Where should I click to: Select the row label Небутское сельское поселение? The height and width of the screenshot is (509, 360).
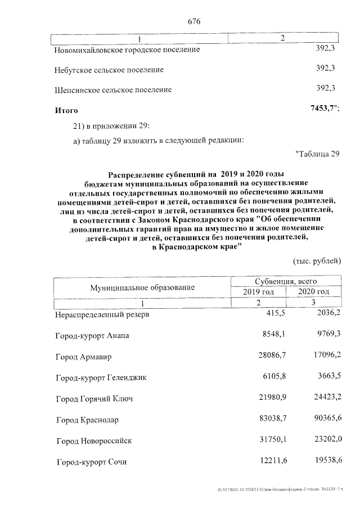tap(109, 70)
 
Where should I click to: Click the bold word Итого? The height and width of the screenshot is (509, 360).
tap(66, 111)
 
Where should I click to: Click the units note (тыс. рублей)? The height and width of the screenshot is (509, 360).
tap(317, 260)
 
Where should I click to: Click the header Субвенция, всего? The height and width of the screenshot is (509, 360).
tap(286, 281)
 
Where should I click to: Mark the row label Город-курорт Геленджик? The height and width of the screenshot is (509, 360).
tap(101, 378)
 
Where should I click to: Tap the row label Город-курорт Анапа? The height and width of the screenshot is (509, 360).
tap(92, 336)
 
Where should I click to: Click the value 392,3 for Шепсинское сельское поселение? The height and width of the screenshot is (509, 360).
tap(326, 88)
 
